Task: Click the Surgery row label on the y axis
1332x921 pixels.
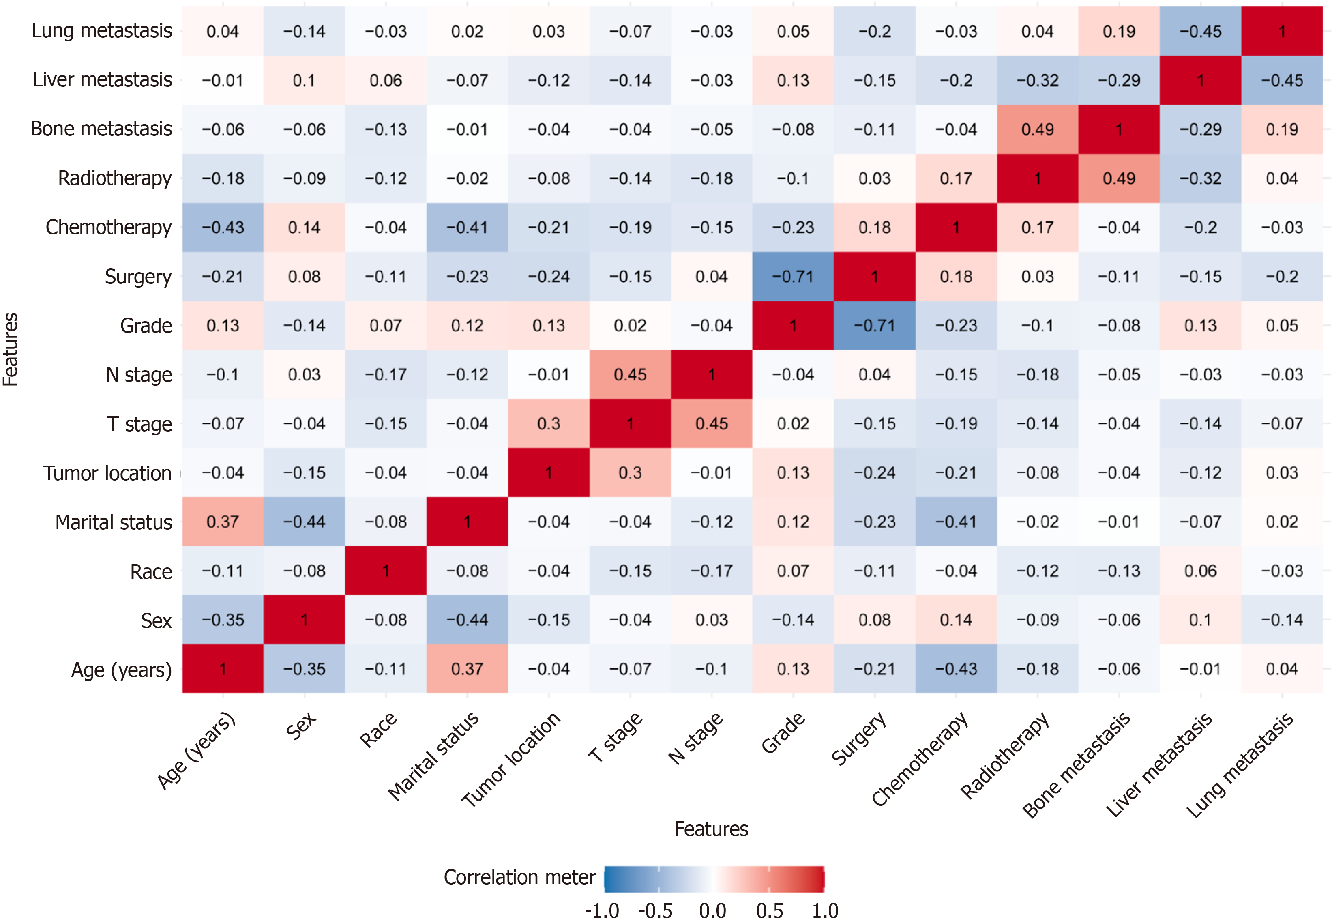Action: click(x=138, y=277)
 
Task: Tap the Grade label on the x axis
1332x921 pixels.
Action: click(x=783, y=733)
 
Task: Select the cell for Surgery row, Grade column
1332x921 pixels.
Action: click(x=793, y=277)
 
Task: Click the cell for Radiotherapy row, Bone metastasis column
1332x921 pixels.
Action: click(x=1119, y=178)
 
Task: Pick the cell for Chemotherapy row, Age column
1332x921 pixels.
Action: click(x=223, y=228)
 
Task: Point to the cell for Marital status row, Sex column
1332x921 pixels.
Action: click(x=304, y=522)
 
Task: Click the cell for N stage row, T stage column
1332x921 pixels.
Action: click(x=630, y=374)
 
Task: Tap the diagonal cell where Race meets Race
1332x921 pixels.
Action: click(x=385, y=571)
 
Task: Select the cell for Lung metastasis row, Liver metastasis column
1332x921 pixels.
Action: click(x=1201, y=31)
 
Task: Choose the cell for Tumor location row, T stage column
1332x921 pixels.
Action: click(x=630, y=472)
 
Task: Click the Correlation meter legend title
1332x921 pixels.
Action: click(x=519, y=877)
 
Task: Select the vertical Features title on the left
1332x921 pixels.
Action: click(x=11, y=349)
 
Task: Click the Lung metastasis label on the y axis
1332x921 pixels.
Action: click(x=101, y=31)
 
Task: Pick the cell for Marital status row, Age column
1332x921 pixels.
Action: click(x=223, y=522)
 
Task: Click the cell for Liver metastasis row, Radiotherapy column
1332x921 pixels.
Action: click(x=1037, y=80)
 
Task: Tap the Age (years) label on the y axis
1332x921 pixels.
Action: click(x=121, y=670)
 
